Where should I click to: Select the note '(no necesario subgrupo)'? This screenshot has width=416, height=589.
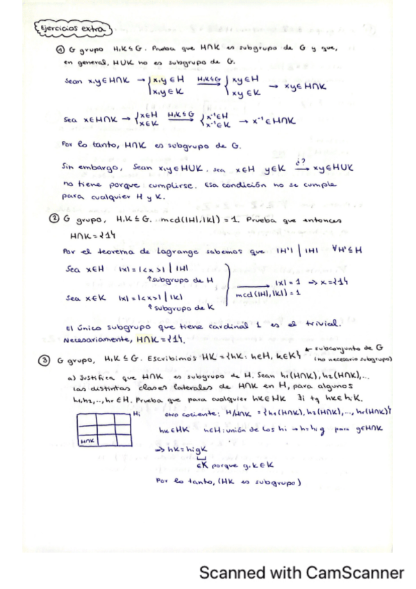353,359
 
